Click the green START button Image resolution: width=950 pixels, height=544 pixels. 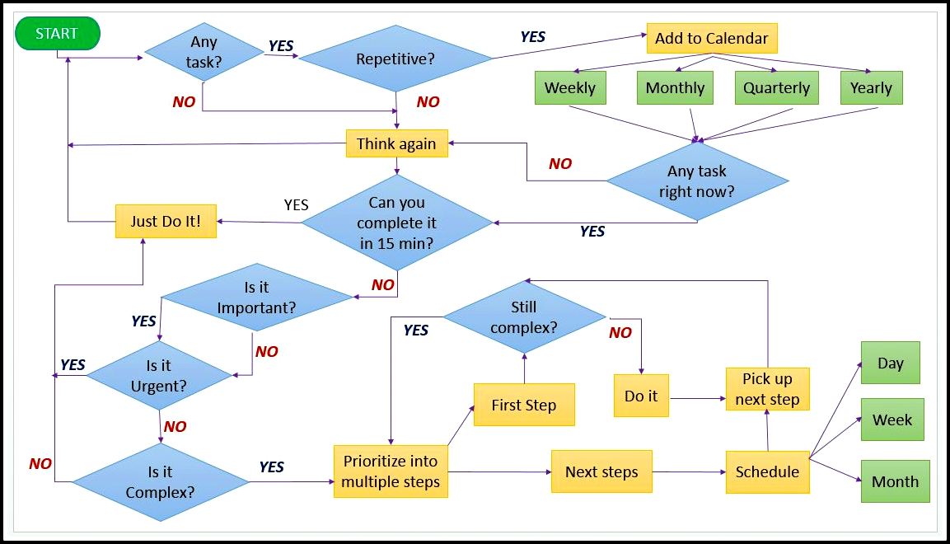[x=57, y=34]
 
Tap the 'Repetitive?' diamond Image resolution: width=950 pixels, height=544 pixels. [x=395, y=59]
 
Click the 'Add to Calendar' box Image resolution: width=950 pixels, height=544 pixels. [x=711, y=39]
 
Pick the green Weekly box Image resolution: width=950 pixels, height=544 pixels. [x=569, y=88]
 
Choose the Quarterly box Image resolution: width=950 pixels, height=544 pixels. [x=776, y=88]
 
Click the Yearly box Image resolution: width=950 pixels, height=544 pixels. [x=871, y=88]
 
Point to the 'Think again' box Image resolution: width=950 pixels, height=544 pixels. [x=396, y=144]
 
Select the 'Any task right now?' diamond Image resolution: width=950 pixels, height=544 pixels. [x=697, y=181]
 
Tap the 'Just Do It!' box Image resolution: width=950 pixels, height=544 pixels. [x=166, y=221]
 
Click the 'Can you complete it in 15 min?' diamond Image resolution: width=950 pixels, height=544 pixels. [x=397, y=223]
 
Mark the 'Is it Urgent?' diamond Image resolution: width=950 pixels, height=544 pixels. [x=159, y=376]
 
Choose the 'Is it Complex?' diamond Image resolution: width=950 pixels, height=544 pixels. [x=161, y=482]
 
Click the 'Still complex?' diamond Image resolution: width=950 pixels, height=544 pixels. [x=524, y=317]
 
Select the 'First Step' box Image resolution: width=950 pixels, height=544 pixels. [x=523, y=405]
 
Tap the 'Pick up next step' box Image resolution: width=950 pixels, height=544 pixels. [x=767, y=389]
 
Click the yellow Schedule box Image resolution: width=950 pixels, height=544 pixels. [x=767, y=471]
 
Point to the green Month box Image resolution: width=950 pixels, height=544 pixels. [x=895, y=481]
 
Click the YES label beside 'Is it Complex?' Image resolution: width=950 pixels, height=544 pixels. [x=272, y=467]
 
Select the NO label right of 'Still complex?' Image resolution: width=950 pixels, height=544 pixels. [x=620, y=333]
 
